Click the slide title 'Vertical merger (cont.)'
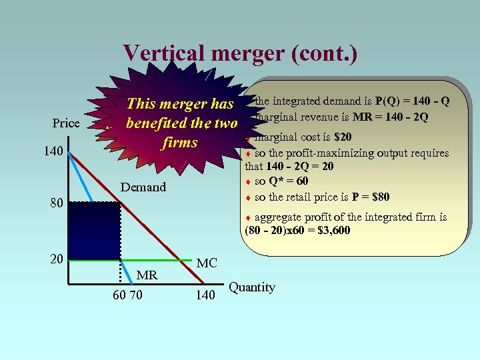[x=240, y=53]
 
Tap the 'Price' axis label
[x=66, y=123]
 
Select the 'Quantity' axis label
[x=252, y=287]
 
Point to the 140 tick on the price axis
[x=54, y=152]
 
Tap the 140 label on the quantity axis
[x=205, y=295]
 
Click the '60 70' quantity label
[x=127, y=295]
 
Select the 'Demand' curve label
[x=143, y=187]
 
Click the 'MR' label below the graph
[x=147, y=275]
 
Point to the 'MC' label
[x=207, y=263]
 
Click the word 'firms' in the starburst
[x=180, y=143]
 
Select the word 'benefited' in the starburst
[x=158, y=123]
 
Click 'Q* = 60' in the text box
[x=289, y=181]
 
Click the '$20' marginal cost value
[x=343, y=137]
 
